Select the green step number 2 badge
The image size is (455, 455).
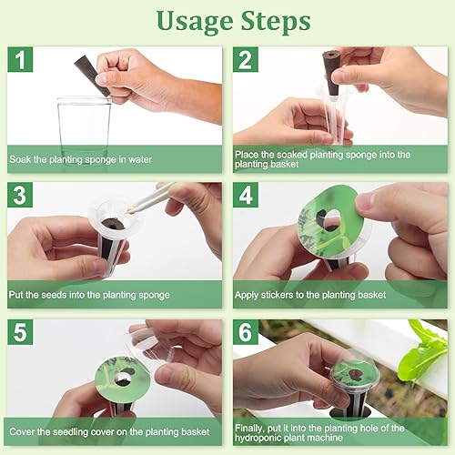[247, 60]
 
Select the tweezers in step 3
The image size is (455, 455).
[150, 197]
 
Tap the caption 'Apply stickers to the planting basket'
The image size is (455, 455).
[315, 295]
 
